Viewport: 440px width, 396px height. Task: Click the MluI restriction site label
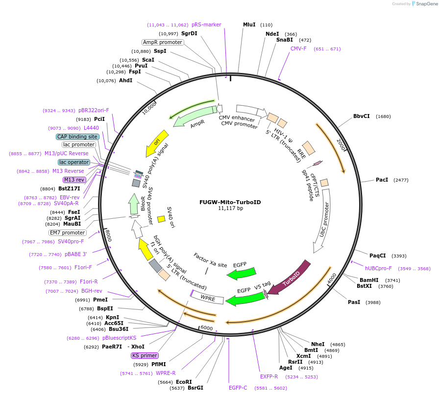tap(249, 24)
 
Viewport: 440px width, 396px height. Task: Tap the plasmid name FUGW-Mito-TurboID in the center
tap(223, 202)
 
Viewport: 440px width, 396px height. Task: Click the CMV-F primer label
tap(298, 48)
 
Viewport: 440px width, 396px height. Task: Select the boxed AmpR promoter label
tap(163, 42)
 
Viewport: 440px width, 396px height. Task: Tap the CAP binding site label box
tap(77, 137)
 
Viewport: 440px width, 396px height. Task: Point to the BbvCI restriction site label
tap(362, 116)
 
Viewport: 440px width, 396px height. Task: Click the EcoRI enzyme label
tap(184, 382)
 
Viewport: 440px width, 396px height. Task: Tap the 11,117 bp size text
tap(223, 209)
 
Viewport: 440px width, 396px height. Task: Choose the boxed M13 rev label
tap(74, 180)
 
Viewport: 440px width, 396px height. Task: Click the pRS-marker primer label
tap(206, 24)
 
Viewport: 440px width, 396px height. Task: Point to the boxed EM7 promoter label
tap(67, 233)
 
